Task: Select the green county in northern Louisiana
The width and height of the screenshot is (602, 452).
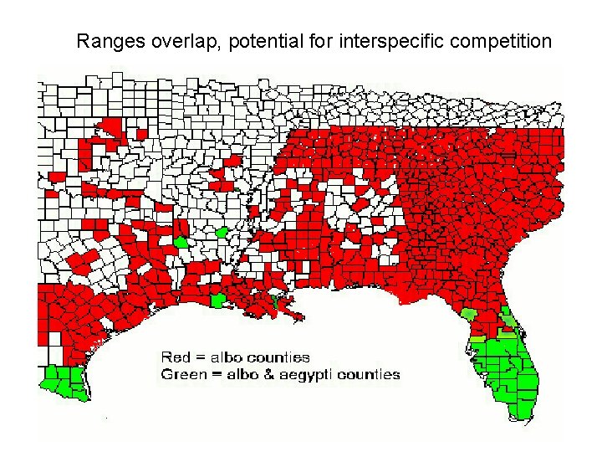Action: click(x=222, y=232)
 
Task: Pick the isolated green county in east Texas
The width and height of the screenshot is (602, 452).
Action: click(x=181, y=242)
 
